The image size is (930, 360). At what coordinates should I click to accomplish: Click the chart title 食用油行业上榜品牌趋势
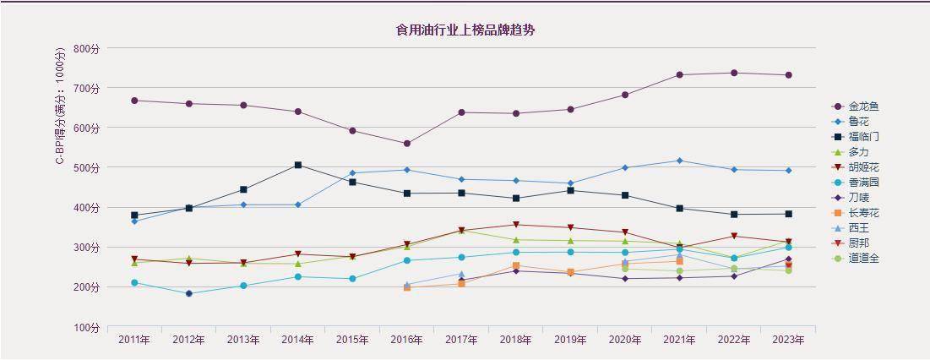click(465, 30)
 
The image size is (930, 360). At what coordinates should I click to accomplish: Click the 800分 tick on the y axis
click(86, 48)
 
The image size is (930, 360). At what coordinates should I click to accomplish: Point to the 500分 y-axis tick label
click(86, 168)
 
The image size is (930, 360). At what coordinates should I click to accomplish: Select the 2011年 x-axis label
click(134, 340)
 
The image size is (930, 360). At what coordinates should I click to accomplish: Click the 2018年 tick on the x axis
click(516, 340)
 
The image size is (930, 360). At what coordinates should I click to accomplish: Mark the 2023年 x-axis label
click(788, 340)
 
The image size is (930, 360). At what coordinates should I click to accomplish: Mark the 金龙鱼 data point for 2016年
click(407, 144)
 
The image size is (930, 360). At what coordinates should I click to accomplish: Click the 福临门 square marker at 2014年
click(298, 165)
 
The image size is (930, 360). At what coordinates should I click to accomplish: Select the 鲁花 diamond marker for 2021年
click(679, 161)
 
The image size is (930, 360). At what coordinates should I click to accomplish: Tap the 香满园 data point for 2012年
click(189, 294)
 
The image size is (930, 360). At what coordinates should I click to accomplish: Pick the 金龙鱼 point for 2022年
click(734, 73)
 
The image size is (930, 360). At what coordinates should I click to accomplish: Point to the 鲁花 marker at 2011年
click(134, 221)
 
